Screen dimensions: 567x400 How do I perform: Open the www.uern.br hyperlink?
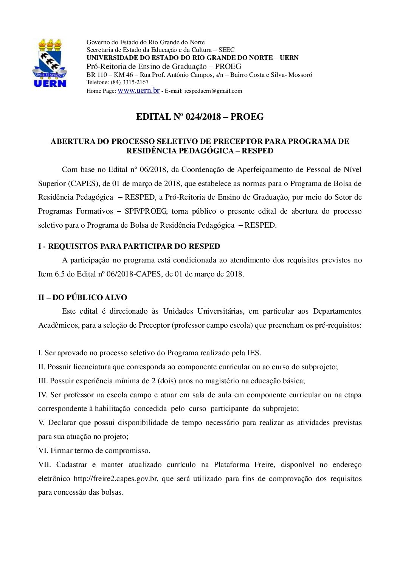(138, 91)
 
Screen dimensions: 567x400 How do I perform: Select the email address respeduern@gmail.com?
(213, 91)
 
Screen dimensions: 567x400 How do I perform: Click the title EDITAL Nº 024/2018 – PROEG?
(200, 117)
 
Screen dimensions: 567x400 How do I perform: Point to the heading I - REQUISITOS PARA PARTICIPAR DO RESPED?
(129, 246)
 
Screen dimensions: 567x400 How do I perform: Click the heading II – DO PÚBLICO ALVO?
(82, 297)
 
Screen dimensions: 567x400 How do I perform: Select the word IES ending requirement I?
(253, 353)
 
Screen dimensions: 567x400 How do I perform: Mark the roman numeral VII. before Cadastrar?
(44, 465)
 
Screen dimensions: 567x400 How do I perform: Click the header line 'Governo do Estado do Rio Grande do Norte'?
(146, 42)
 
